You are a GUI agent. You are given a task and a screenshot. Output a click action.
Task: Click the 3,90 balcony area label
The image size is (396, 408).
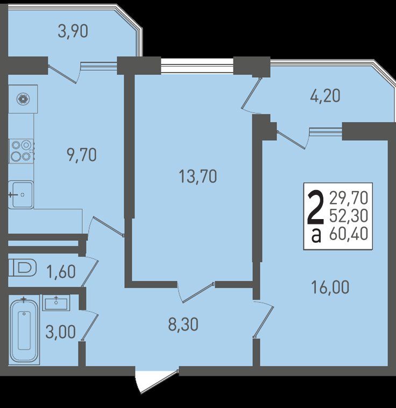(x=73, y=31)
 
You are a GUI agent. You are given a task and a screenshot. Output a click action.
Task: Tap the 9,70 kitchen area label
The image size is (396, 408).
(x=82, y=155)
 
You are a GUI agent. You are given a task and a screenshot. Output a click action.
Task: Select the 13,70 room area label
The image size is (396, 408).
(x=198, y=176)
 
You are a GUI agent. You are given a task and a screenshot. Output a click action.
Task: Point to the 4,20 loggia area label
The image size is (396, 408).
(x=325, y=96)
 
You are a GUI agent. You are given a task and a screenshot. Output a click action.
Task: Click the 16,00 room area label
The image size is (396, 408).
(x=330, y=287)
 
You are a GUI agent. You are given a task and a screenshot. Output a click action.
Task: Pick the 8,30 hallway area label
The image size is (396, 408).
(x=183, y=325)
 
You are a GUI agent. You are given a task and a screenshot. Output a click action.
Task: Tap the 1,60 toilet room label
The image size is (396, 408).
(x=61, y=272)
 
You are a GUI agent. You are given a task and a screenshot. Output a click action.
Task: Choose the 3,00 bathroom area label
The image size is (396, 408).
(x=61, y=332)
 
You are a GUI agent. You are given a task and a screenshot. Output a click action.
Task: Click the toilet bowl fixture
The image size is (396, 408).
(x=22, y=268)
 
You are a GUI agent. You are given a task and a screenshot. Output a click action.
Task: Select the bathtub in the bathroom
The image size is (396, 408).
(x=24, y=330)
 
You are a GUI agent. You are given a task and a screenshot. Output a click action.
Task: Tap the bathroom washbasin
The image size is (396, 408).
(x=56, y=303)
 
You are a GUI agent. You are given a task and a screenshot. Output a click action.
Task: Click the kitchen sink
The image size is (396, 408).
(x=21, y=195)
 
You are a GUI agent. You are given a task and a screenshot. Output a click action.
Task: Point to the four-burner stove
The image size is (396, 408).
(x=22, y=151)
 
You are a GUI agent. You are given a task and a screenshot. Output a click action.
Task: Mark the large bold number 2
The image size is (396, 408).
(x=315, y=207)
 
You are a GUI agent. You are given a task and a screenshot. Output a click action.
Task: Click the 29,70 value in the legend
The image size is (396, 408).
(x=349, y=198)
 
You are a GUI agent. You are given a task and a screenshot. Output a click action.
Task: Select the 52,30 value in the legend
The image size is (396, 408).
(x=349, y=216)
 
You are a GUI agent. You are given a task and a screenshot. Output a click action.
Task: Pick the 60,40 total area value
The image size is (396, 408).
(x=349, y=234)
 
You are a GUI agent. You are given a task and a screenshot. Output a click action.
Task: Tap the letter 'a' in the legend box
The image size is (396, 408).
(x=316, y=235)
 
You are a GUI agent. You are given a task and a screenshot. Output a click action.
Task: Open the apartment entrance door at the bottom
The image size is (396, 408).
(x=157, y=381)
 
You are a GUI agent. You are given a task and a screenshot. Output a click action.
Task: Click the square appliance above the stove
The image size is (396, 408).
(x=23, y=99)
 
